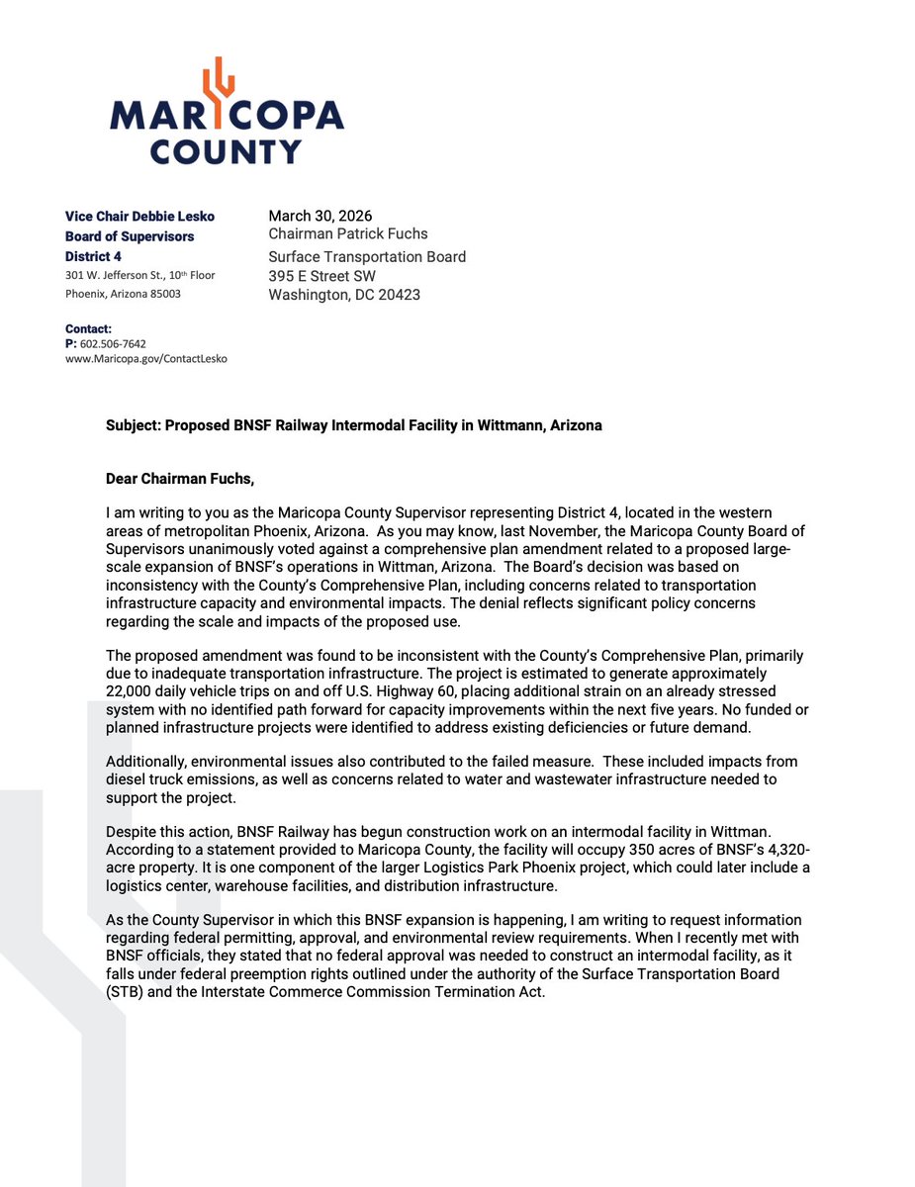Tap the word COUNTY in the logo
coord(226,151)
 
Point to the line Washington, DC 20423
coord(344,295)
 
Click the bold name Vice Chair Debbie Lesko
coord(139,216)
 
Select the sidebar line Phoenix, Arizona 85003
coord(123,294)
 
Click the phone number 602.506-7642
coord(112,343)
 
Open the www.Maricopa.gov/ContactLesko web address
coord(145,359)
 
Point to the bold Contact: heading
coord(88,328)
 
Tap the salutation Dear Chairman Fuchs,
coord(179,480)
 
